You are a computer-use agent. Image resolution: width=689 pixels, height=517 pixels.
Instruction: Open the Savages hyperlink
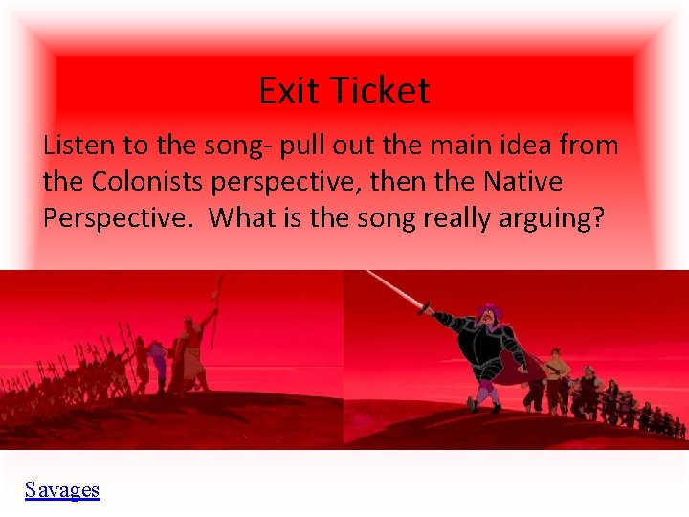coord(62,490)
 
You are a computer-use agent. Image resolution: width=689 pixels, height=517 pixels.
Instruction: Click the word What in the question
coord(241,217)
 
